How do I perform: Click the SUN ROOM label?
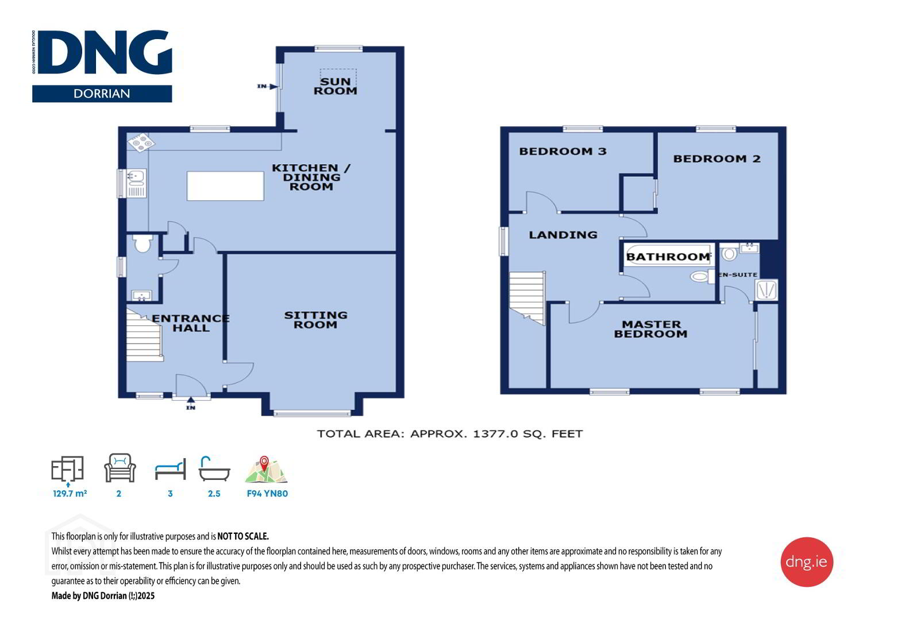click(336, 86)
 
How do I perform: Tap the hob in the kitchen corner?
click(141, 142)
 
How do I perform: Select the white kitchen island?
click(225, 185)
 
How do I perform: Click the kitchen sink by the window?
click(137, 183)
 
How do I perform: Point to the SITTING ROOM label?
click(315, 320)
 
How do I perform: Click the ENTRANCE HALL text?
click(191, 323)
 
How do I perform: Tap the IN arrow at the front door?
click(191, 403)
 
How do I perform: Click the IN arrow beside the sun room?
click(267, 86)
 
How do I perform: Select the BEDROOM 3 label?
click(563, 152)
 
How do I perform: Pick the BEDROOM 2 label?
click(717, 158)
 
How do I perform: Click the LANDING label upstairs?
click(563, 235)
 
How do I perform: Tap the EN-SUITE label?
click(738, 274)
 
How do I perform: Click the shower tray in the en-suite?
click(767, 289)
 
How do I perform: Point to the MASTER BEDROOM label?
click(650, 329)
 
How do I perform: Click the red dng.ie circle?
click(806, 561)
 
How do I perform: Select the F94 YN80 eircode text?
click(267, 494)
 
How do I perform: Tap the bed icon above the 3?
click(171, 469)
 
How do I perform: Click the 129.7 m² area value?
click(70, 493)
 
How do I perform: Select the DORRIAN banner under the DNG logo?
click(102, 94)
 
